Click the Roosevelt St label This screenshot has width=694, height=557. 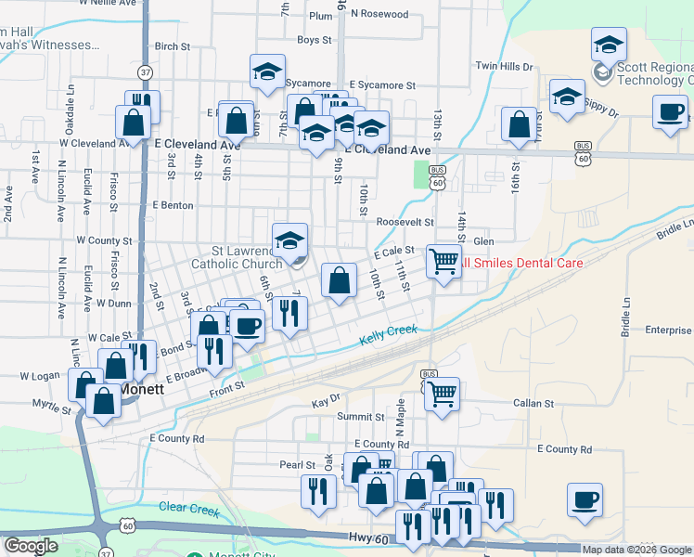405,223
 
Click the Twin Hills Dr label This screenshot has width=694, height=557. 504,67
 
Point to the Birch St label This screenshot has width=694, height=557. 173,45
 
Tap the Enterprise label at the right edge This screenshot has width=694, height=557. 669,330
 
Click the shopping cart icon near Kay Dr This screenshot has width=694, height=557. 443,393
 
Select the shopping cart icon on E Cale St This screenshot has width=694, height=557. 444,260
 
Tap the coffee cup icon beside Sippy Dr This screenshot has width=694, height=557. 670,112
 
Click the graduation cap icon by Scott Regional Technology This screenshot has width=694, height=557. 609,44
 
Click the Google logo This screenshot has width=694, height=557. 32,546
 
